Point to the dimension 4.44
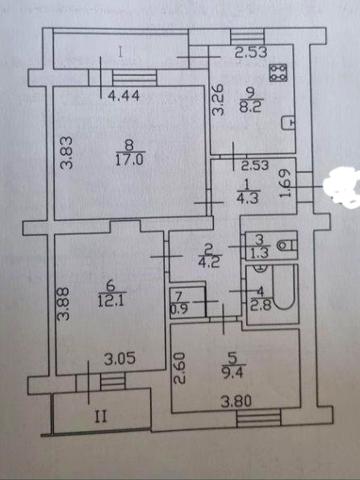click(x=122, y=96)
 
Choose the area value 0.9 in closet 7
click(x=178, y=308)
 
